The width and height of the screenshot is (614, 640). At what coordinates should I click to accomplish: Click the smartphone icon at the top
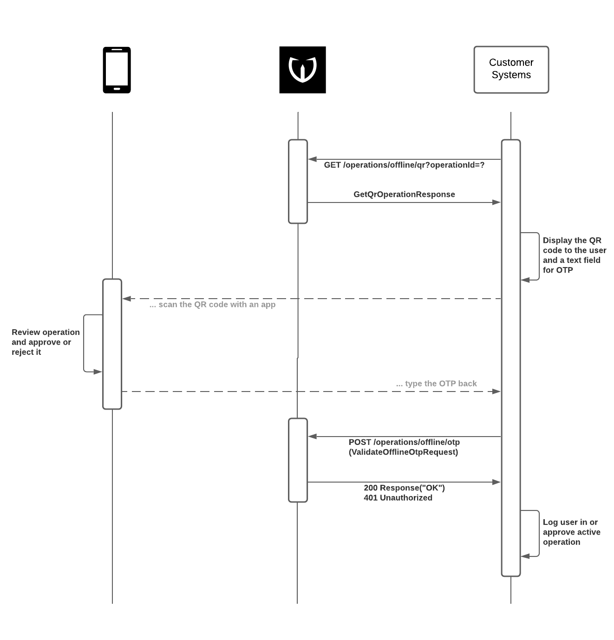pos(117,70)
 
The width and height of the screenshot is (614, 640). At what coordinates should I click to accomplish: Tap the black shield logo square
pos(302,70)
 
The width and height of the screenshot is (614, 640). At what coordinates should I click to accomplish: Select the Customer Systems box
pos(511,70)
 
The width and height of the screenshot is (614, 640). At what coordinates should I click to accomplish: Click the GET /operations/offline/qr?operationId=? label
pos(404,165)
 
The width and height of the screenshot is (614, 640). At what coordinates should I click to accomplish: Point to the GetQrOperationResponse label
pos(404,195)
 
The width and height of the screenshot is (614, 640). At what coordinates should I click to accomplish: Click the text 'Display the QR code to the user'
pos(575,245)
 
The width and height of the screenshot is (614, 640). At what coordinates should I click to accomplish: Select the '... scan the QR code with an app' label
pos(212,305)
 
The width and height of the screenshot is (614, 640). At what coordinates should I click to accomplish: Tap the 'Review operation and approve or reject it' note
pos(46,342)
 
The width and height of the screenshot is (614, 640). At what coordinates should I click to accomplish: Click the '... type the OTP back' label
pos(436,384)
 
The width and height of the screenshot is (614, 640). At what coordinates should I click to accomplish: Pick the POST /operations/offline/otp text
pos(404,442)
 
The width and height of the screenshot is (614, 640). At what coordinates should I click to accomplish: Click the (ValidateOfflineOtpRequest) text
pos(403,452)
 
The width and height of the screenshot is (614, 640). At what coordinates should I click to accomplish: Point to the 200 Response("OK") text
pos(404,488)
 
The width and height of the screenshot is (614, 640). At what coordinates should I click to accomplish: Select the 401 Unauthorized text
pos(398,498)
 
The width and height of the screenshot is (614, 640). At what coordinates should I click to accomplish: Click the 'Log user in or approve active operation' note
pos(571,532)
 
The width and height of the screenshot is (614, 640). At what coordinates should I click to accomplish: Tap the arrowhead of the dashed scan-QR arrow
pos(126,299)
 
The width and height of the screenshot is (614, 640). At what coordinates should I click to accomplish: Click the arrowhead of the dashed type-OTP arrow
pos(496,392)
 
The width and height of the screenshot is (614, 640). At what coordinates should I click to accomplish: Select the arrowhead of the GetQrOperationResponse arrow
pos(496,202)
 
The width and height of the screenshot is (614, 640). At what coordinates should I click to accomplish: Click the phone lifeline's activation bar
pos(112,344)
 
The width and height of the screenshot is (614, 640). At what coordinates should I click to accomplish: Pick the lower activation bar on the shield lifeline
pos(298,460)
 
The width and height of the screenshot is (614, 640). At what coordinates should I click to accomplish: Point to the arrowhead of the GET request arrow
pos(312,159)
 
